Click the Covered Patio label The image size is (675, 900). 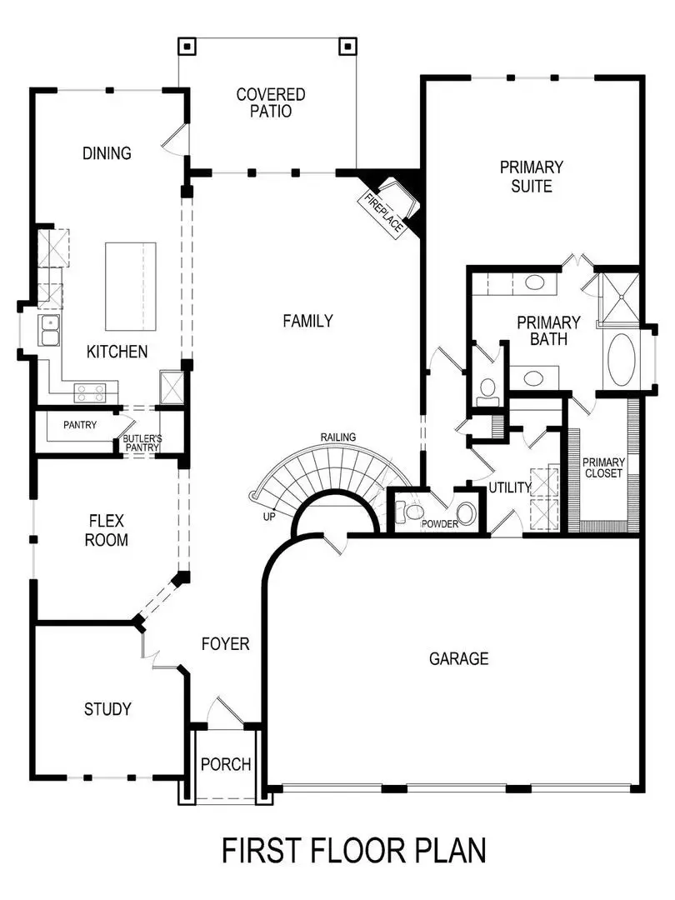(271, 102)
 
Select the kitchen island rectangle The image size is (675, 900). (130, 286)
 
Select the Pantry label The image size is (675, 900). (80, 425)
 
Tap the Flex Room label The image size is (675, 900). (107, 530)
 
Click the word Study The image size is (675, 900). (107, 709)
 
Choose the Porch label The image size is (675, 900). (226, 764)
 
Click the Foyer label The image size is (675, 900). (226, 643)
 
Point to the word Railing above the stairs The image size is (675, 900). (338, 437)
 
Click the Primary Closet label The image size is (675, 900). (603, 468)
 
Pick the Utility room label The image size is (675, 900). (509, 487)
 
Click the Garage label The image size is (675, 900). (458, 658)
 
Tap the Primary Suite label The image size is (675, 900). (532, 177)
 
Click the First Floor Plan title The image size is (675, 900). (353, 851)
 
